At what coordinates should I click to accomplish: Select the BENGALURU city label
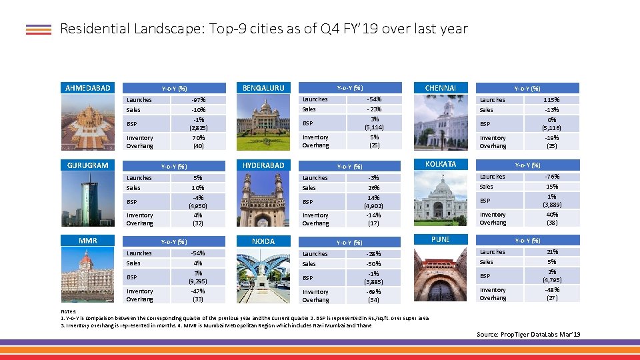click(x=263, y=87)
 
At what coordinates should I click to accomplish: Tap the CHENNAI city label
click(x=440, y=87)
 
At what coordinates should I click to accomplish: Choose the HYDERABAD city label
click(x=263, y=165)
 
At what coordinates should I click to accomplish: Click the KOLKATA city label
click(x=440, y=164)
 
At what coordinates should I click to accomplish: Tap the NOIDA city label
click(x=263, y=241)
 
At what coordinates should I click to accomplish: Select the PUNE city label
click(x=440, y=239)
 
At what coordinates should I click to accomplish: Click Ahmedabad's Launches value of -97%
click(x=198, y=100)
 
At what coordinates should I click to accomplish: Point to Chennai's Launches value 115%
click(x=551, y=100)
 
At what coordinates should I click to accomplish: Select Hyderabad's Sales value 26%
click(x=374, y=188)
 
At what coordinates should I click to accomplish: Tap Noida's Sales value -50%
click(x=374, y=264)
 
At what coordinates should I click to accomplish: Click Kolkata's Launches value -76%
click(x=551, y=177)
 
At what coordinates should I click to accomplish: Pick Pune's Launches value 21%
click(x=551, y=252)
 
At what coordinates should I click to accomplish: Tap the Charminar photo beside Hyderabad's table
click(x=263, y=198)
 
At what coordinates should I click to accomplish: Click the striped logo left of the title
click(x=39, y=29)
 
